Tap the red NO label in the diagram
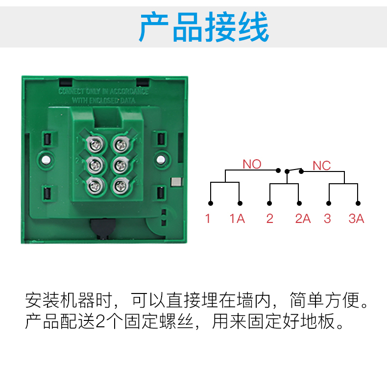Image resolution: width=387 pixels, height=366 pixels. point(252,164)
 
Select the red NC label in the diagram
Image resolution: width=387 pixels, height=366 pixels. point(322,166)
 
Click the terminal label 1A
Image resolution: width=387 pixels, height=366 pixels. point(237,219)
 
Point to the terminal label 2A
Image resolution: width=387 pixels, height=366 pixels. point(303,219)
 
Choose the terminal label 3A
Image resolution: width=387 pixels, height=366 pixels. point(356,219)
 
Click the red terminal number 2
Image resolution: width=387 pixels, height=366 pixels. point(269,219)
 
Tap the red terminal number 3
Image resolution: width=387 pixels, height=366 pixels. point(327,219)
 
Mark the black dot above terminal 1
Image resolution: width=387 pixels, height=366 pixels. point(210,203)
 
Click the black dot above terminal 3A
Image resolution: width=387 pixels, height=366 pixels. point(358,203)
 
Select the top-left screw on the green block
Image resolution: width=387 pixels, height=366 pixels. point(95,145)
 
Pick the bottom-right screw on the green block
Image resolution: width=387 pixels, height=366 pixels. point(120,186)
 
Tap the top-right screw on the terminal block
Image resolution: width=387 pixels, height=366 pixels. point(120,145)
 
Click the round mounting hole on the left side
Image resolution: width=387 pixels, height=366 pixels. point(46,160)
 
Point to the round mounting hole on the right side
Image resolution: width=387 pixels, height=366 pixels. point(161,159)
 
